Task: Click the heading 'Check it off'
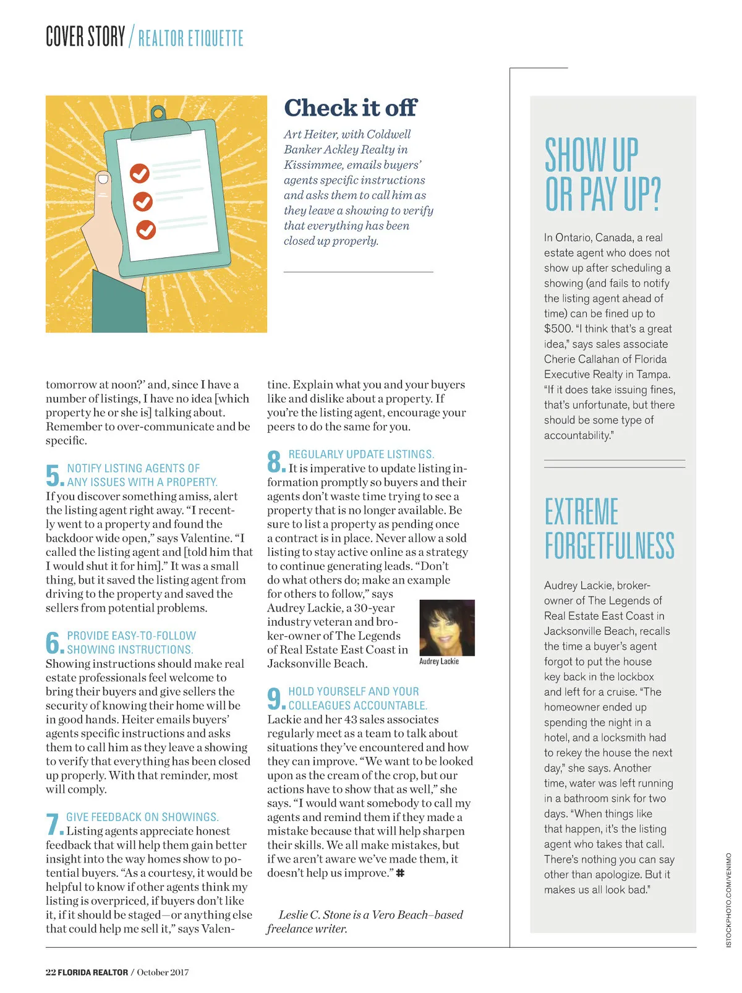(x=350, y=108)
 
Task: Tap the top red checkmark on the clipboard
(x=140, y=173)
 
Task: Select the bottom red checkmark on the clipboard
(x=146, y=229)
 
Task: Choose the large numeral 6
(x=54, y=642)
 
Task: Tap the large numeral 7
(x=54, y=824)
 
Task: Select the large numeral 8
(x=275, y=461)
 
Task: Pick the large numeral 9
(x=275, y=699)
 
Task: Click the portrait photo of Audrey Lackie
(x=447, y=627)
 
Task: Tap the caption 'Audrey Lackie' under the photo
(x=439, y=662)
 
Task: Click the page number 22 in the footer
(x=51, y=972)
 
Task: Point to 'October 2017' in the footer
(x=163, y=972)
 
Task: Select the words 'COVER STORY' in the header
(x=85, y=37)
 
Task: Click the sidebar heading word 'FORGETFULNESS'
(x=609, y=545)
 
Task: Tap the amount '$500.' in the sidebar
(x=558, y=329)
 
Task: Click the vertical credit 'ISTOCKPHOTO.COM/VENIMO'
(x=728, y=900)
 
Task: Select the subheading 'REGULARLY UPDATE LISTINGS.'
(x=361, y=454)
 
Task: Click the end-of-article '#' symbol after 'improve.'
(x=400, y=873)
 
